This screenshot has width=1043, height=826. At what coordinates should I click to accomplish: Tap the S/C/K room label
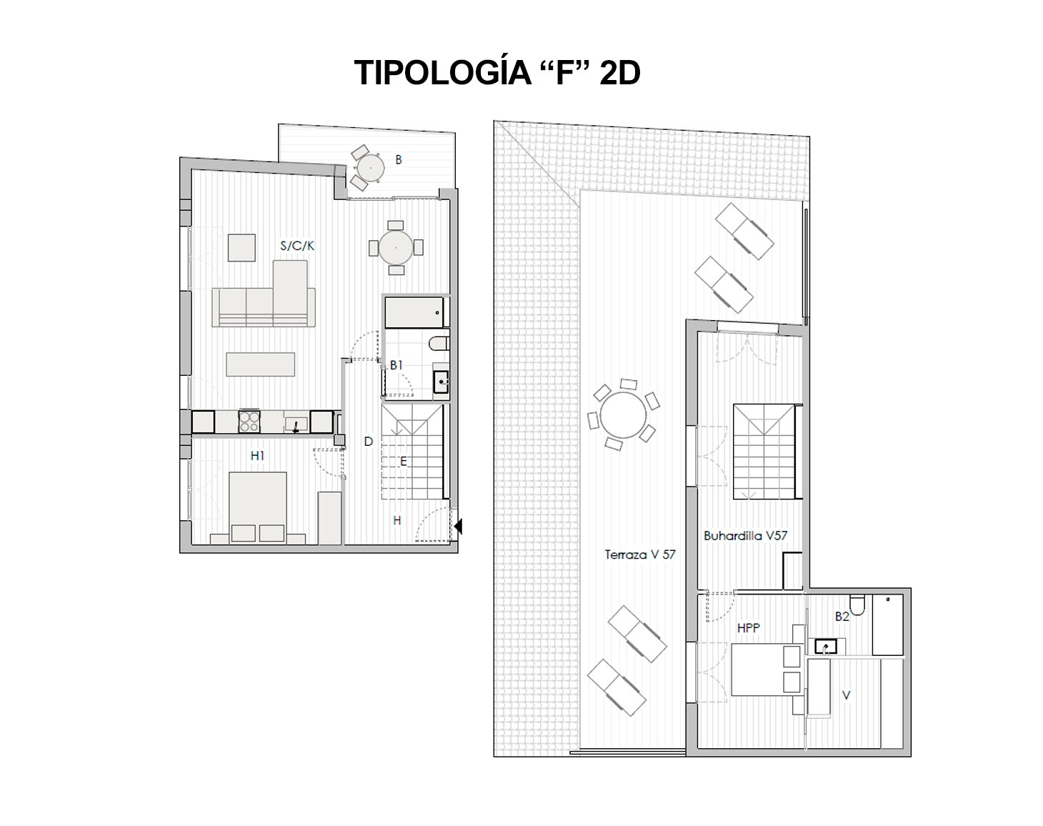(x=297, y=247)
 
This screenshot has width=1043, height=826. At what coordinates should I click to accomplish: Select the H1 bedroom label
(x=257, y=456)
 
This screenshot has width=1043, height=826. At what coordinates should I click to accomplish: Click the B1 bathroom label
(x=396, y=365)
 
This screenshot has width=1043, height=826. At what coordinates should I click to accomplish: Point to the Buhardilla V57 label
(x=745, y=536)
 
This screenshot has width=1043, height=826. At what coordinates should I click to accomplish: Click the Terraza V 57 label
(x=640, y=554)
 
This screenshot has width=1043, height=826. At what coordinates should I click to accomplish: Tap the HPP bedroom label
(x=749, y=628)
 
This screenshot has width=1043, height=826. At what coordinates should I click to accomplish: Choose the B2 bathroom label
(x=842, y=617)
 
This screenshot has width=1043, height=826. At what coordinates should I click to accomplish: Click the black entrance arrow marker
(x=458, y=527)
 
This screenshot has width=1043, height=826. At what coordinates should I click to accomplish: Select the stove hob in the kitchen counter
(x=249, y=422)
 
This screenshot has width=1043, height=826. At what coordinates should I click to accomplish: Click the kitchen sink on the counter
(x=296, y=424)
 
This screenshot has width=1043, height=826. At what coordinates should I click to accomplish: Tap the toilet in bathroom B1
(x=439, y=344)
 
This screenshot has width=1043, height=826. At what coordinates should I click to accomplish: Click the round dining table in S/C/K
(x=396, y=248)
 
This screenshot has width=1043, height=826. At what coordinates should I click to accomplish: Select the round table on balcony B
(x=371, y=168)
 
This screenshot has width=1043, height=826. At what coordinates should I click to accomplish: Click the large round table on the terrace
(x=623, y=415)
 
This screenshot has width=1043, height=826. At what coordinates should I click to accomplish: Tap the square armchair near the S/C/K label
(x=242, y=248)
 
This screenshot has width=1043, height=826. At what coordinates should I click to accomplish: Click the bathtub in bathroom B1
(x=414, y=313)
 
